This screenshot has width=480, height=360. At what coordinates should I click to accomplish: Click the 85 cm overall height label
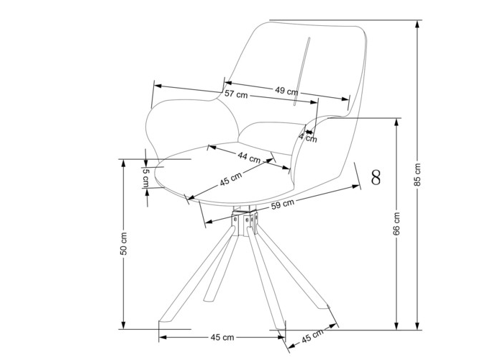(x=417, y=174)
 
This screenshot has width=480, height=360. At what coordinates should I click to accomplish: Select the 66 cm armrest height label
(x=397, y=224)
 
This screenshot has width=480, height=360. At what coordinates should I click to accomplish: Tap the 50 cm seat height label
(x=123, y=244)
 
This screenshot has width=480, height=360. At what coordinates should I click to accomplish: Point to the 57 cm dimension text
(x=236, y=94)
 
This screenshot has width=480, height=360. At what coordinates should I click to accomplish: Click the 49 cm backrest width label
(x=286, y=91)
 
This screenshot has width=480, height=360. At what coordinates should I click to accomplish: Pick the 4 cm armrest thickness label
(x=308, y=138)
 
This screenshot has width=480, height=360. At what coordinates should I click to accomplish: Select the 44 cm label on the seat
(x=249, y=158)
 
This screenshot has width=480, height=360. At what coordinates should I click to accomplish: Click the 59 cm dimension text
(x=283, y=204)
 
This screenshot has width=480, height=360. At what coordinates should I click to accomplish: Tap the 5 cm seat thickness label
(x=145, y=178)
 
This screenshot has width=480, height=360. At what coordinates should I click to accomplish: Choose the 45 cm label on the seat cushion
(x=231, y=179)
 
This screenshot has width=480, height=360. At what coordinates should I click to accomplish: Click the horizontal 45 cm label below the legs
(x=222, y=338)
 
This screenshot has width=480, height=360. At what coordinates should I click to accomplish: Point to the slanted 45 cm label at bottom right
(x=312, y=336)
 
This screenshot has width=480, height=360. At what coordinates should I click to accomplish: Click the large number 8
(x=376, y=177)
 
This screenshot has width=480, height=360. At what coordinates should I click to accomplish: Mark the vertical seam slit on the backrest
(x=302, y=71)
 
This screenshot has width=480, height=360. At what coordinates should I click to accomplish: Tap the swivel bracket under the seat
(x=245, y=222)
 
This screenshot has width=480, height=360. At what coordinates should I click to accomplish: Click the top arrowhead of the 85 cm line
(x=417, y=23)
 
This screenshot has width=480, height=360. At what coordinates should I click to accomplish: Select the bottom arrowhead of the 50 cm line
(x=124, y=325)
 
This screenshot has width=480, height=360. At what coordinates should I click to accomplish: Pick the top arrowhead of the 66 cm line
(x=397, y=122)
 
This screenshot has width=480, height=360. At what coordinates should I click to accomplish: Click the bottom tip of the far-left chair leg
(x=159, y=322)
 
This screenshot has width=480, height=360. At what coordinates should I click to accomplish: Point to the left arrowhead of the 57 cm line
(x=157, y=86)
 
